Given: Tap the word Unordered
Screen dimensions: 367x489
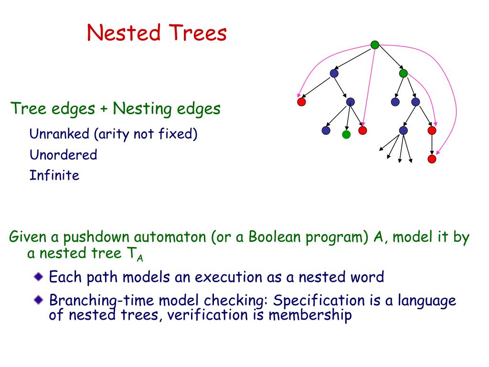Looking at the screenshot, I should (63, 155).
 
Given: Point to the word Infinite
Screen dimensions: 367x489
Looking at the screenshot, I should (54, 175).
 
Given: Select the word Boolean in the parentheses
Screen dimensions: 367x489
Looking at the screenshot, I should (275, 237).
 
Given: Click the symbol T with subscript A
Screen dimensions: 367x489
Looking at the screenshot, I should (134, 254).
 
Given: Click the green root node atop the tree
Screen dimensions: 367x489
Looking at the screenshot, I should (375, 45).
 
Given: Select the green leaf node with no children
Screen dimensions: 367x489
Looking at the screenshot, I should (346, 134).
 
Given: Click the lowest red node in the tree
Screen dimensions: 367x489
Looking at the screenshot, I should (432, 159).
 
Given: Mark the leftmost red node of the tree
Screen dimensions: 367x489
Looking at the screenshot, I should (301, 102).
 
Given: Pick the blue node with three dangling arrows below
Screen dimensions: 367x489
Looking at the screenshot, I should (403, 130).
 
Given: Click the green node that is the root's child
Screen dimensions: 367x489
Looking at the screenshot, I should (403, 73).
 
